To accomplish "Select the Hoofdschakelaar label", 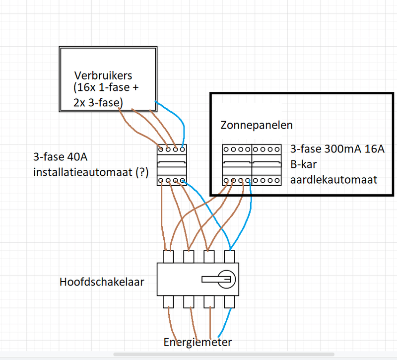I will tap(102, 282).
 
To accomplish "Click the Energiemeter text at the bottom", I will tap(198, 342).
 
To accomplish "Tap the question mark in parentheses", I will tap(142, 173).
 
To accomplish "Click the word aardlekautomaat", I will tap(333, 179).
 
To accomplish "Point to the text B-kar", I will tap(304, 164).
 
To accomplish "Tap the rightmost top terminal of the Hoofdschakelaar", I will tap(229, 257).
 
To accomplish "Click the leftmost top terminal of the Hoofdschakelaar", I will tap(169, 257).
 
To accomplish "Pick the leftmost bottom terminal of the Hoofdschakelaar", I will tap(169, 301).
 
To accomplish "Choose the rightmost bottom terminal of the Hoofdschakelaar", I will tap(229, 301).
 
